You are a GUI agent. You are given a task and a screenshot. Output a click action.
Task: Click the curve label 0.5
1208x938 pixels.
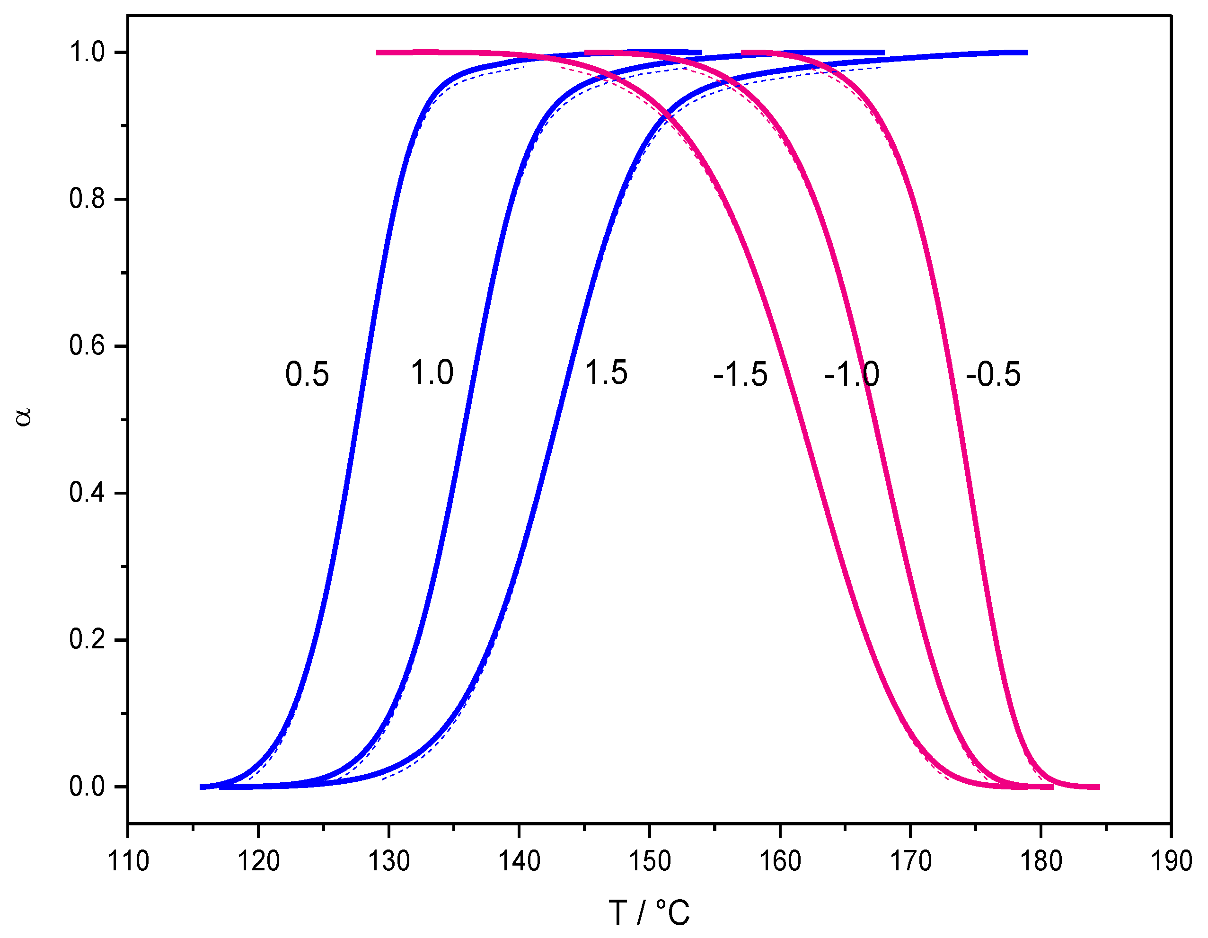pos(307,374)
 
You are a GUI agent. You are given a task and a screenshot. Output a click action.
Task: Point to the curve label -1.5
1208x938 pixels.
pos(740,374)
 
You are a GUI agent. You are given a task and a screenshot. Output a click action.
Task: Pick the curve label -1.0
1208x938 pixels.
pos(851,374)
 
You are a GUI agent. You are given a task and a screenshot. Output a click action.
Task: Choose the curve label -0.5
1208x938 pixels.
pos(993,374)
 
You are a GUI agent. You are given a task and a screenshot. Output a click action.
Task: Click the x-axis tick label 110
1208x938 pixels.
pos(128,862)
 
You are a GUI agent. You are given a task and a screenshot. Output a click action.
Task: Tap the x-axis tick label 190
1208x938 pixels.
pos(1171,862)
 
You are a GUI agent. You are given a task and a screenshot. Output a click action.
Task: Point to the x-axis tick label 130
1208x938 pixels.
pos(389,862)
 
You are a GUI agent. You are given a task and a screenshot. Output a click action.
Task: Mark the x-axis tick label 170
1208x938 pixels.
pos(910,862)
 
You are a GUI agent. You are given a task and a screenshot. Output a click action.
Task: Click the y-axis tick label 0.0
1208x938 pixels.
pos(87,787)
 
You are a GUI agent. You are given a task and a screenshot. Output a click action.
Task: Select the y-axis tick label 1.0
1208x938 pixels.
pos(87,53)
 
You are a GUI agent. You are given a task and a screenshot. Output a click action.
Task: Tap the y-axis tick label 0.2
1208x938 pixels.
pos(87,639)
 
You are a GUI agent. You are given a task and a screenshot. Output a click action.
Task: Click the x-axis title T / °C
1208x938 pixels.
pos(649,913)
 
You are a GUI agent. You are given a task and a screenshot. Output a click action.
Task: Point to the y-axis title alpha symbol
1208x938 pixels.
pos(24,417)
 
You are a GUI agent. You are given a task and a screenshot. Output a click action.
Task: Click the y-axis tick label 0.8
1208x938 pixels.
pos(87,199)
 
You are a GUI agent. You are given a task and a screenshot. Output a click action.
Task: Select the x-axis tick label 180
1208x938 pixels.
pos(1041,862)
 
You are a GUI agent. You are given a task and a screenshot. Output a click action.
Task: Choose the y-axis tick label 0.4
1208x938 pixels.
pos(87,493)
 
